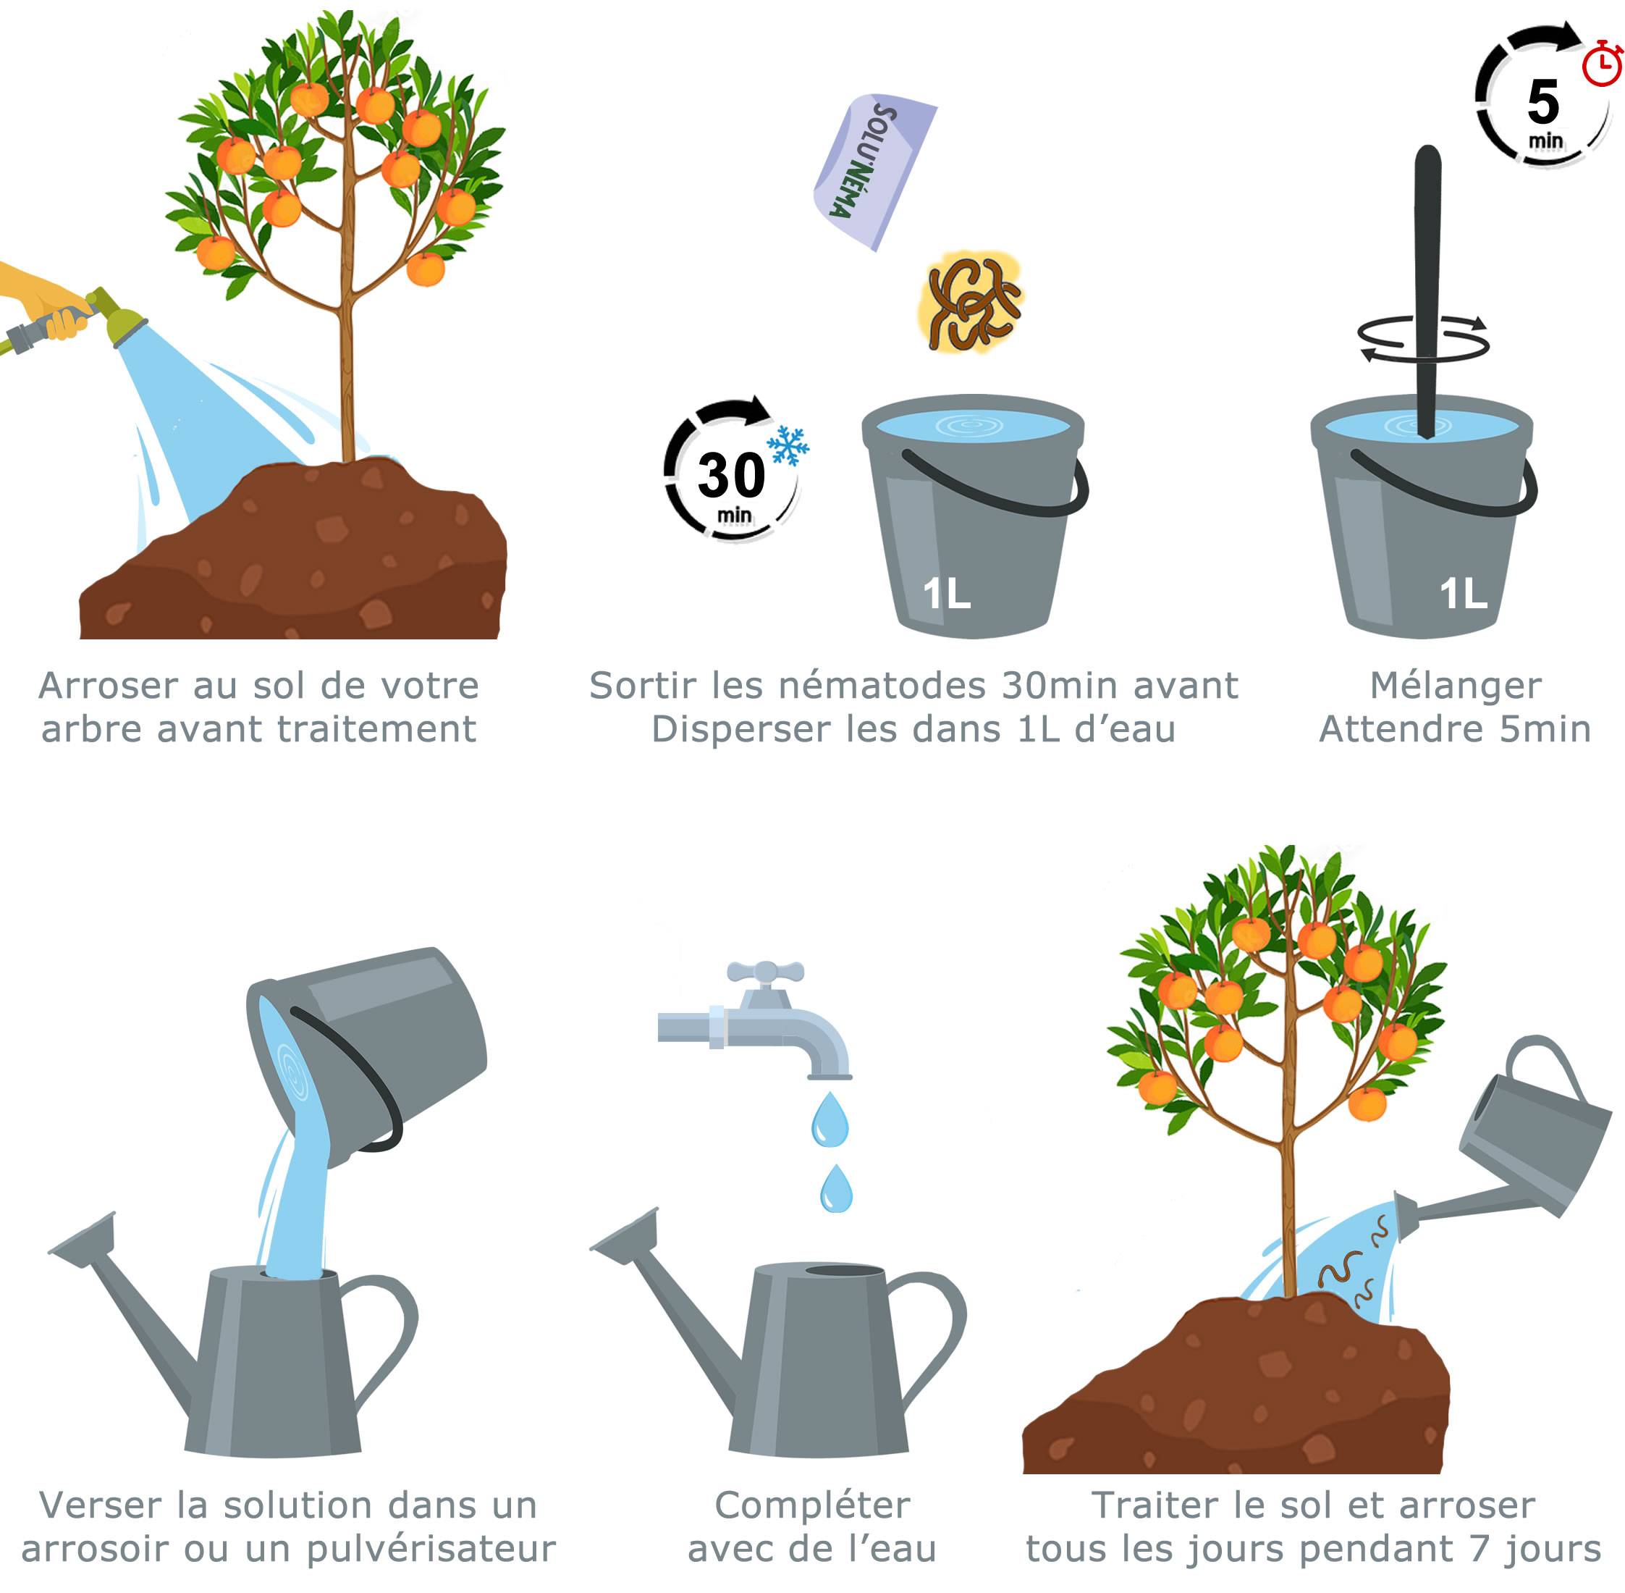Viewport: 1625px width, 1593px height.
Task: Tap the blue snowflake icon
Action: pyautogui.click(x=788, y=445)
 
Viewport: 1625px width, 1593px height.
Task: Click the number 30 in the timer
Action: pyautogui.click(x=731, y=476)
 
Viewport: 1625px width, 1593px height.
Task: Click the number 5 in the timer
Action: pyautogui.click(x=1543, y=102)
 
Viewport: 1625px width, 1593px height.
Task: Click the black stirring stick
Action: pyautogui.click(x=1427, y=291)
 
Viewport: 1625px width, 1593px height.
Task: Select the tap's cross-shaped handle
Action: pyautogui.click(x=765, y=972)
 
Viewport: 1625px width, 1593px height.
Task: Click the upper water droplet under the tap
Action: pyautogui.click(x=830, y=1119)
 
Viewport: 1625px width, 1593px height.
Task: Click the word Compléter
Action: pyautogui.click(x=812, y=1505)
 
